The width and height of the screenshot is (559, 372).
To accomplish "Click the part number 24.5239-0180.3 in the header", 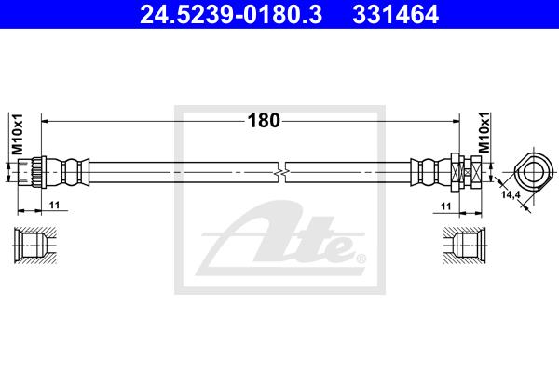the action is pos(231,14).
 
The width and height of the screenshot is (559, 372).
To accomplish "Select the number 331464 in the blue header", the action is pos(395,14).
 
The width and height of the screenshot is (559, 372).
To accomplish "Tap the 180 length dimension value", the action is pos(264,121).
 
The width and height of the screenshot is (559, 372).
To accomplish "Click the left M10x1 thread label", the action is pos(18,134).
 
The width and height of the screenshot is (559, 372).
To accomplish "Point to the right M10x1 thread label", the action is pos(484,132).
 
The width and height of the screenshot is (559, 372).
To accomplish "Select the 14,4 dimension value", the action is pos(511,195).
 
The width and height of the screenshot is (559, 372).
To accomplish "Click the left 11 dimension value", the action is pos(55,205).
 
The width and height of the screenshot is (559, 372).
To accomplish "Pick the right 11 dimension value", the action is pos(446,206).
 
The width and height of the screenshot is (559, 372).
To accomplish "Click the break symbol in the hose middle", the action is pos(281,173).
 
